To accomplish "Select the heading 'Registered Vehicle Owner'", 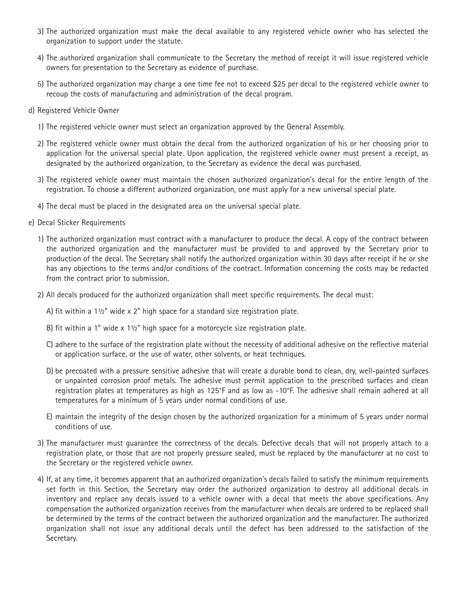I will tap(78, 110).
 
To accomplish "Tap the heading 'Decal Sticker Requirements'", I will tap(81, 223).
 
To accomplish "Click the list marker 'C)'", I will tap(49, 345).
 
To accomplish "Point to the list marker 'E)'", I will tap(49, 417).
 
